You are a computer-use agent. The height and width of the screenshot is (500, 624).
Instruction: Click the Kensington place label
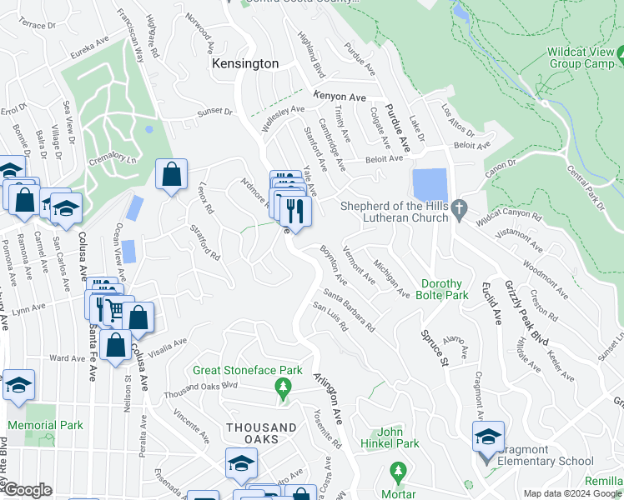244,63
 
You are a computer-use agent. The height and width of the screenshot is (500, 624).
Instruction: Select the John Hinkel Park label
397,437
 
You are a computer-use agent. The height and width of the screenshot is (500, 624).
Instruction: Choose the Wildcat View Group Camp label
581,57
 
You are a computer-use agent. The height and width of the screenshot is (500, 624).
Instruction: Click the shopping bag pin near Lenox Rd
171,175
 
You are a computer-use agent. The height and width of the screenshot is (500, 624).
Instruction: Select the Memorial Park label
45,425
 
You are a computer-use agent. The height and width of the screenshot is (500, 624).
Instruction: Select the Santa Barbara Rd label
349,307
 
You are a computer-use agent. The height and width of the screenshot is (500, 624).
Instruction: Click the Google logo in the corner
28,490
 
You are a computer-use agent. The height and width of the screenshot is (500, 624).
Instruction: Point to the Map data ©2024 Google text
571,493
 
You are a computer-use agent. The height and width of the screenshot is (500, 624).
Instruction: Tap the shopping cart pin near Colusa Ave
115,312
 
